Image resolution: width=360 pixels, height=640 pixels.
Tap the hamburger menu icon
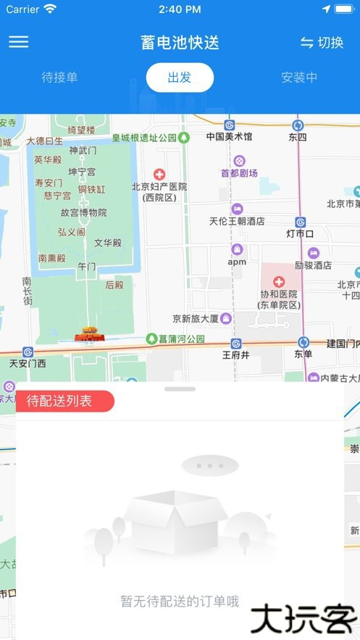tap(19, 42)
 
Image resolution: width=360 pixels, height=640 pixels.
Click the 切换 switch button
tap(322, 43)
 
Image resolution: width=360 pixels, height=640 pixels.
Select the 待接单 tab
tap(59, 78)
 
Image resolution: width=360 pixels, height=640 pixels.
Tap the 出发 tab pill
tap(180, 78)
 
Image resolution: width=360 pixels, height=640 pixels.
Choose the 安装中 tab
tap(299, 78)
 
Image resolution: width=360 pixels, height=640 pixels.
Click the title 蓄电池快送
tap(180, 43)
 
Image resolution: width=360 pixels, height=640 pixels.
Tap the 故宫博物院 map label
tap(83, 212)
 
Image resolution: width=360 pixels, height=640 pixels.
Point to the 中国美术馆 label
tap(229, 136)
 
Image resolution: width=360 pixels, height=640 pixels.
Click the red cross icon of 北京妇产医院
tap(159, 174)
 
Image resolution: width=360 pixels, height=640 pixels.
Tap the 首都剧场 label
tap(239, 173)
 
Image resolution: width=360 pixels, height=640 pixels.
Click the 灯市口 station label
tap(300, 233)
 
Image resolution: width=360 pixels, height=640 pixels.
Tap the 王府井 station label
tap(235, 355)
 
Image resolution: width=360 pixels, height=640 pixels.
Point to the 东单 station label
tap(303, 354)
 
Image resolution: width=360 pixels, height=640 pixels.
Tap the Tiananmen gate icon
tap(90, 334)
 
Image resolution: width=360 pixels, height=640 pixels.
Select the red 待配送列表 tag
tap(64, 401)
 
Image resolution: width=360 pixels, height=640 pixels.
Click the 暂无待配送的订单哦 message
tap(180, 601)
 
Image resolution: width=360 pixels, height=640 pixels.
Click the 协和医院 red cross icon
tap(279, 281)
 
